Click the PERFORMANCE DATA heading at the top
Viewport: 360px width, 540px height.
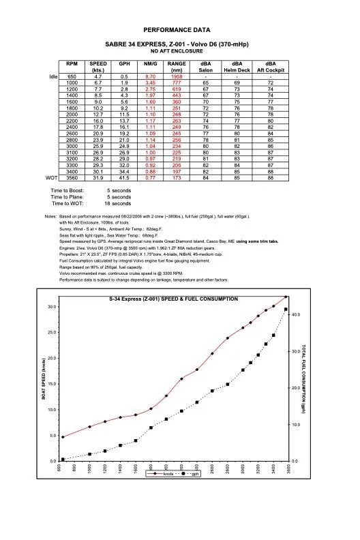tap(181, 31)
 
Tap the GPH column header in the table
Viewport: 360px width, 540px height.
tap(124, 63)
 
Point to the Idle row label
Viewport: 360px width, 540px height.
tap(54, 76)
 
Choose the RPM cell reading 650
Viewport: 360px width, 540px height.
tap(72, 76)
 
